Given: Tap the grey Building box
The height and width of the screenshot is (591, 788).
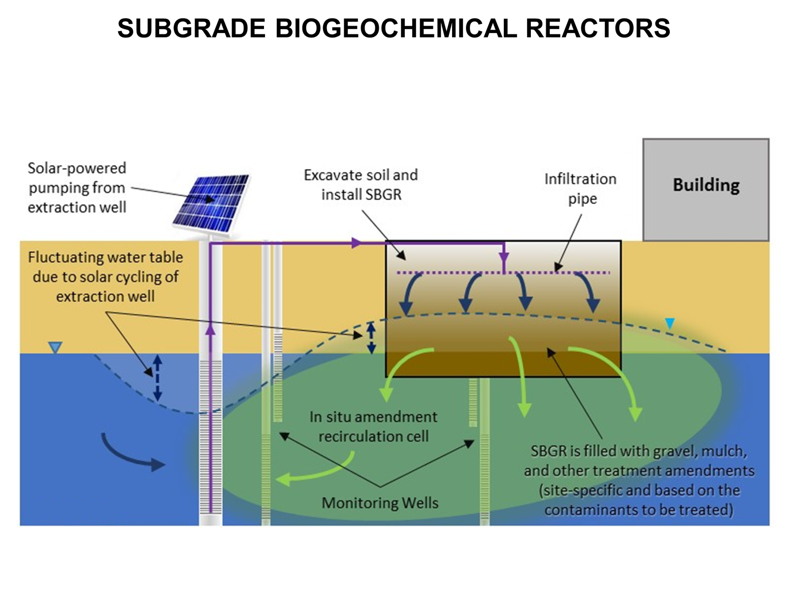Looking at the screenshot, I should pyautogui.click(x=705, y=190).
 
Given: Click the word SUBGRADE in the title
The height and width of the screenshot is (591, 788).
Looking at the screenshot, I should pyautogui.click(x=192, y=28).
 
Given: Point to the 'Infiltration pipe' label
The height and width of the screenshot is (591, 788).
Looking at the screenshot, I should pyautogui.click(x=581, y=189).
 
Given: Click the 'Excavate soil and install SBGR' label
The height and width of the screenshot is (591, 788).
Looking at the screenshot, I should pyautogui.click(x=361, y=185).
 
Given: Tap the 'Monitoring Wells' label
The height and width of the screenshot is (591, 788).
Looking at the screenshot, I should pyautogui.click(x=380, y=503).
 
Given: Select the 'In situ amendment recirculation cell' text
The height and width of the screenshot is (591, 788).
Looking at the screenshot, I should pyautogui.click(x=373, y=427).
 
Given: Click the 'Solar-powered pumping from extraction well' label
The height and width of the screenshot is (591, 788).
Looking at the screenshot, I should pyautogui.click(x=77, y=188).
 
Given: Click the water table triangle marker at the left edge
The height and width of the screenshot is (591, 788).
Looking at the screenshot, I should pyautogui.click(x=55, y=348).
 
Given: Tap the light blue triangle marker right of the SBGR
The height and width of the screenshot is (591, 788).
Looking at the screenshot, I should pyautogui.click(x=670, y=324).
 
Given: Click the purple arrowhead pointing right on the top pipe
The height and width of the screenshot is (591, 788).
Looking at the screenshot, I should pyautogui.click(x=357, y=243).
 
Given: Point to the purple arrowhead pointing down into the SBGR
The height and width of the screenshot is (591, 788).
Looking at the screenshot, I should pyautogui.click(x=504, y=258).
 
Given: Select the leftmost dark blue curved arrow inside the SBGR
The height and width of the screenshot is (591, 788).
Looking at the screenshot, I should pyautogui.click(x=410, y=295).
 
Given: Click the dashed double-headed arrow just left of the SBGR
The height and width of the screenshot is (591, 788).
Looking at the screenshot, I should pyautogui.click(x=372, y=338).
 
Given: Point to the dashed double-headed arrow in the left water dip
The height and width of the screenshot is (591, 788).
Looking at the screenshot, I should pyautogui.click(x=157, y=378).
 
